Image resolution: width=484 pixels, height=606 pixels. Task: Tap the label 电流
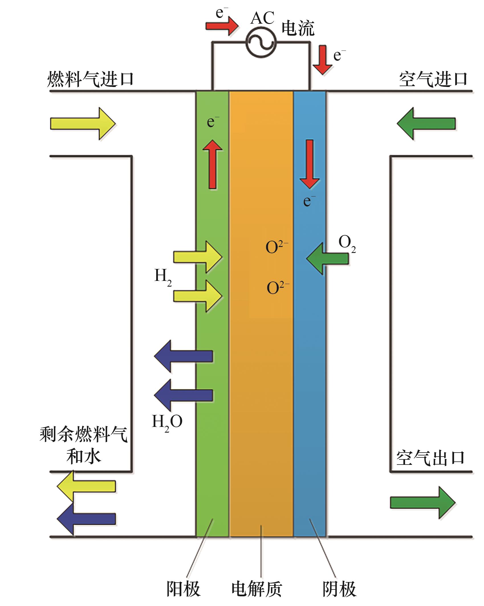coord(298,29)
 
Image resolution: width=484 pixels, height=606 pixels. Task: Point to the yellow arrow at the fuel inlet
coord(83,123)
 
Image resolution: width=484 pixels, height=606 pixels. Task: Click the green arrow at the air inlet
coord(426,123)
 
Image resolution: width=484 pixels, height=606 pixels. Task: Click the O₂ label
coord(347,243)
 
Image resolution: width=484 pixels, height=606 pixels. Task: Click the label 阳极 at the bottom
coord(183,588)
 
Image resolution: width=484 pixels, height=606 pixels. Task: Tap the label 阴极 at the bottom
coord(339,588)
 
